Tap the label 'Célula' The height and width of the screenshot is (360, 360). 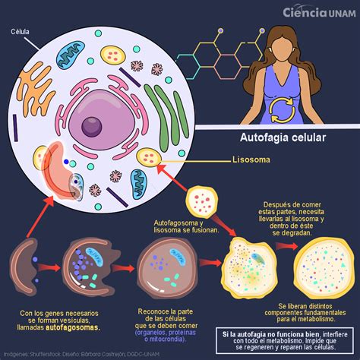coord(21,32)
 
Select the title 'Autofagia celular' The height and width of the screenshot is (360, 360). coord(271,140)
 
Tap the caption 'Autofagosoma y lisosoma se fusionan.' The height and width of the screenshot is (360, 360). coord(182,225)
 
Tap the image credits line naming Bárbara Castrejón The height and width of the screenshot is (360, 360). coord(84,354)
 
